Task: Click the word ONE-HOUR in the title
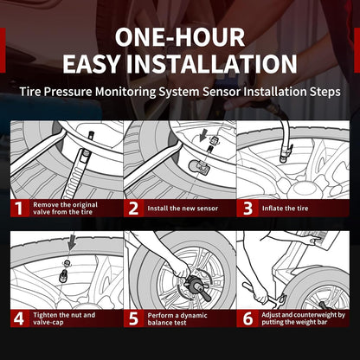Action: pos(180,37)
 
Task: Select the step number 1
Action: pos(19,209)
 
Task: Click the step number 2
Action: pos(133,209)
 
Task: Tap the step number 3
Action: pos(247,209)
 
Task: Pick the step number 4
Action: pos(19,318)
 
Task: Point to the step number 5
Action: pos(133,318)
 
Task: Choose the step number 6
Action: pos(247,318)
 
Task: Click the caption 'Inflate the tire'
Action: pos(285,209)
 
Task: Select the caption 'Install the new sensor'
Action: pos(183,209)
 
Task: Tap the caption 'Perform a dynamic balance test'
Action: pos(177,319)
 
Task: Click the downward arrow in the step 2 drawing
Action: pos(204,135)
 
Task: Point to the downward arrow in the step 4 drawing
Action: pos(72,242)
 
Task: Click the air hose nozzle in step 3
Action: pos(286,153)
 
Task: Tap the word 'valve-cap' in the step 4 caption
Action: pos(48,323)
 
